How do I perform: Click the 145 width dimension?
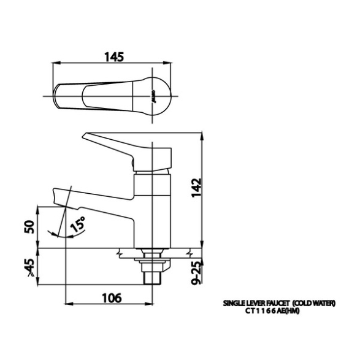pyautogui.click(x=114, y=57)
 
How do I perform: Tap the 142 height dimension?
pyautogui.click(x=196, y=188)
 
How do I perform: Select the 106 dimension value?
pyautogui.click(x=112, y=298)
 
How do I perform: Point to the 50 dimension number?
pyautogui.click(x=29, y=227)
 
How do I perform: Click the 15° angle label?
pyautogui.click(x=78, y=224)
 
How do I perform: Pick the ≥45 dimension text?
pyautogui.click(x=31, y=267)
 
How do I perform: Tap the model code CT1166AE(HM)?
pyautogui.click(x=272, y=311)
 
